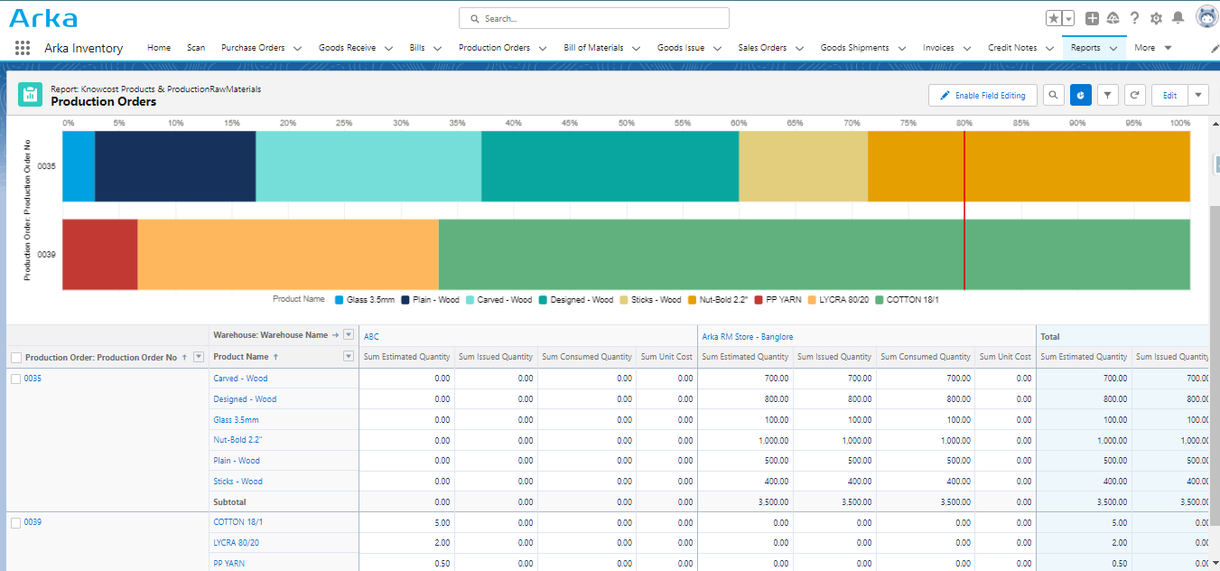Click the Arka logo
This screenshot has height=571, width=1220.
pyautogui.click(x=43, y=18)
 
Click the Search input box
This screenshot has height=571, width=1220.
pyautogui.click(x=593, y=18)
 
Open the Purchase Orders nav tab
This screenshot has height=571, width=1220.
pyautogui.click(x=253, y=48)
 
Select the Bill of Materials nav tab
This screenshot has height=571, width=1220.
pyautogui.click(x=593, y=48)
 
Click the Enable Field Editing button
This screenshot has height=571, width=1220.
pyautogui.click(x=983, y=95)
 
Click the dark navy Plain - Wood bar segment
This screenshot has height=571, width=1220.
pyautogui.click(x=175, y=166)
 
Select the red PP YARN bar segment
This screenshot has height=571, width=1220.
pyautogui.click(x=99, y=254)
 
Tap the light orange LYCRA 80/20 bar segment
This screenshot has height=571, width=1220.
pyautogui.click(x=287, y=254)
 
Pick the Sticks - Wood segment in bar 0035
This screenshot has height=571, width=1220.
pyautogui.click(x=803, y=166)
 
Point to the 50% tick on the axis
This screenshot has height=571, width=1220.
pyautogui.click(x=626, y=123)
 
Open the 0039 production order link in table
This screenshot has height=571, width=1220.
pyautogui.click(x=33, y=522)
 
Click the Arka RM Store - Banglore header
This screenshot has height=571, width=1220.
pyautogui.click(x=748, y=336)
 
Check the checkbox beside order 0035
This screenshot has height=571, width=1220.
pyautogui.click(x=15, y=379)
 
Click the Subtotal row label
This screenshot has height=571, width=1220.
pyautogui.click(x=229, y=501)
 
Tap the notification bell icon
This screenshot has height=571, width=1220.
pyautogui.click(x=1178, y=18)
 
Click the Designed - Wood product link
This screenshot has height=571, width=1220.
pyautogui.click(x=245, y=399)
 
